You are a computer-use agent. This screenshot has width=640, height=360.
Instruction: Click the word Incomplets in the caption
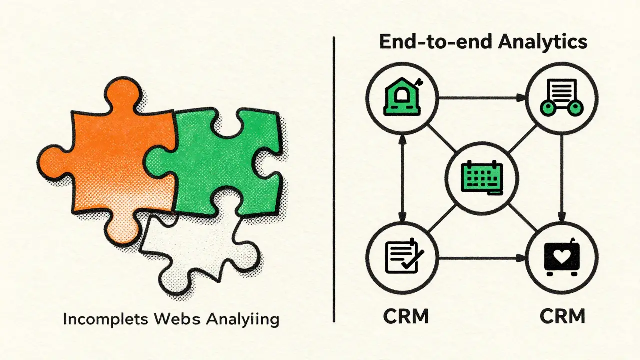click(105, 319)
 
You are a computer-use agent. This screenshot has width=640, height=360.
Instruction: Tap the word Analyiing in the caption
click(243, 320)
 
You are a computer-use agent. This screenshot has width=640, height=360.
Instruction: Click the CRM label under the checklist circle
click(406, 316)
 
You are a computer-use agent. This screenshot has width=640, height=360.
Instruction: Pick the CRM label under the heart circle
click(562, 316)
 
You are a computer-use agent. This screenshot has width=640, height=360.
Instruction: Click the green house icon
click(403, 97)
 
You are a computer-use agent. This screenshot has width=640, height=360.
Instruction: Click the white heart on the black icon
click(562, 256)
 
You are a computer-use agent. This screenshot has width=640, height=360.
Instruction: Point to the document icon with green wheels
click(562, 97)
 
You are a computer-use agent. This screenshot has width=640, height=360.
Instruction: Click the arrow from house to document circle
click(482, 98)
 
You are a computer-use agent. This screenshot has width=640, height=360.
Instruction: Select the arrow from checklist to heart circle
click(482, 259)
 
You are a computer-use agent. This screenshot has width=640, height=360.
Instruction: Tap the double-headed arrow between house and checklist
click(402, 178)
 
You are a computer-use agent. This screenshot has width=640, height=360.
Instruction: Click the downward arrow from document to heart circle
click(562, 178)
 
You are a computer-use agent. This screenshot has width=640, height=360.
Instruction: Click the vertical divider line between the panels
click(334, 179)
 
